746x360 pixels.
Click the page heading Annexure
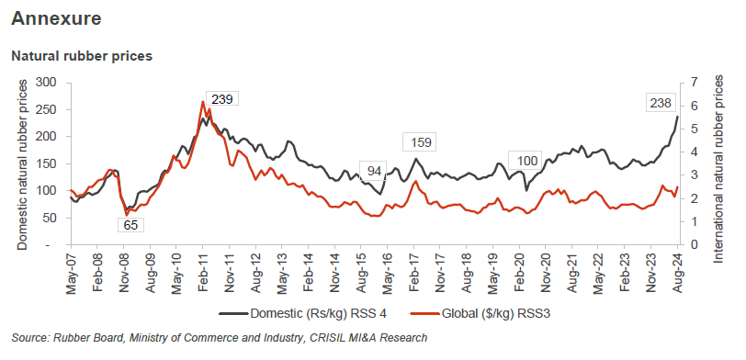[57, 17]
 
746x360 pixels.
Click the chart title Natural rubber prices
[81, 56]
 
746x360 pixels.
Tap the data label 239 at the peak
[221, 99]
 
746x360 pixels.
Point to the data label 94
[376, 171]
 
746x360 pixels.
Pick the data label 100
[527, 162]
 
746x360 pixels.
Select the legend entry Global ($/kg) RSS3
[489, 314]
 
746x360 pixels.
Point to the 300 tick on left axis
[46, 83]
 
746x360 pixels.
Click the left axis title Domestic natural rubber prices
[23, 163]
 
